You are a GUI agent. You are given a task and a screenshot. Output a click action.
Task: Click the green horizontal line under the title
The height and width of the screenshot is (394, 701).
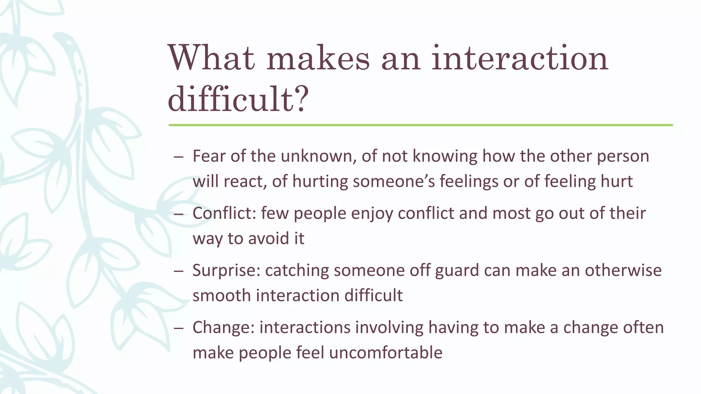click(x=420, y=125)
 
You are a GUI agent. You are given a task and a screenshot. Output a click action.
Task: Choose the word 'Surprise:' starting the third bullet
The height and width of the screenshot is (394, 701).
click(x=226, y=271)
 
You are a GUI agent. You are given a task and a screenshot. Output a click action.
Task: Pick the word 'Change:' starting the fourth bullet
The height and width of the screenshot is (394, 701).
click(x=224, y=328)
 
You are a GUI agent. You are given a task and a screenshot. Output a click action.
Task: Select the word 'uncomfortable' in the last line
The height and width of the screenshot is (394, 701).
click(x=386, y=353)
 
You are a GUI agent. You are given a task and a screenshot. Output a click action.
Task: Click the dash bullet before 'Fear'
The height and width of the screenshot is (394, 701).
click(x=179, y=157)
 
